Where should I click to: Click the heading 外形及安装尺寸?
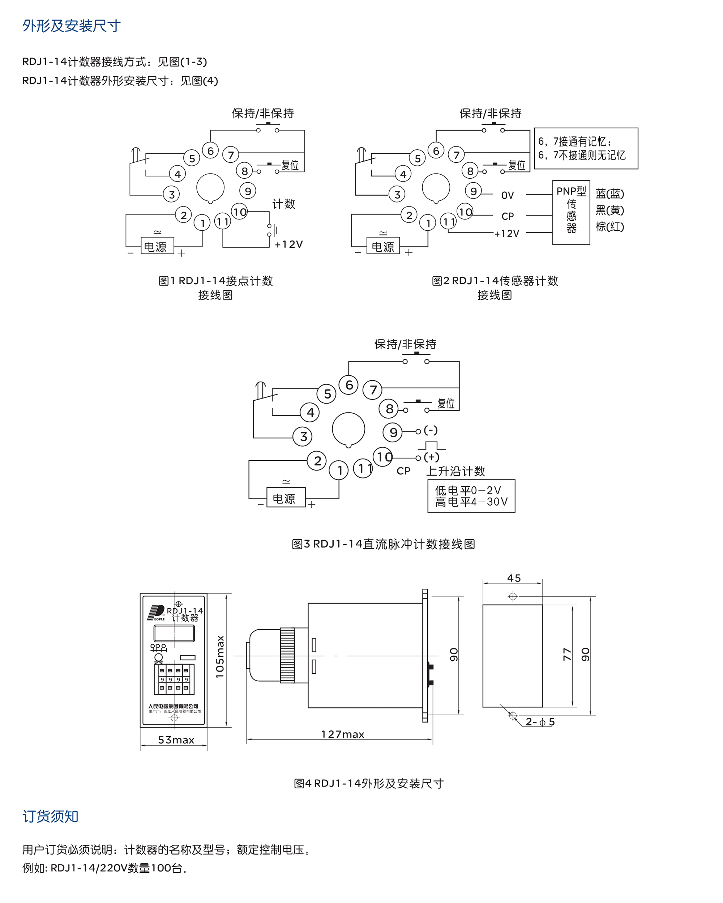[x=71, y=26]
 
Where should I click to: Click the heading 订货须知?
[x=50, y=816]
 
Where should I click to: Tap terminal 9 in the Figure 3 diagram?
[x=393, y=432]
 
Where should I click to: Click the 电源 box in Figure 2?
[x=382, y=246]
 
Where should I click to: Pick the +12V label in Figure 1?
[x=288, y=244]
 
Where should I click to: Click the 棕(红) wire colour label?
[x=609, y=227]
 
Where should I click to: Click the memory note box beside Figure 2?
[x=586, y=149]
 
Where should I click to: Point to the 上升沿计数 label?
[x=455, y=471]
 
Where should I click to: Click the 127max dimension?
[x=342, y=734]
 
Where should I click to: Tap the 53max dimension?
[x=176, y=740]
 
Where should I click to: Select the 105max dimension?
[x=220, y=657]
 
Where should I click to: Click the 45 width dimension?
[x=514, y=578]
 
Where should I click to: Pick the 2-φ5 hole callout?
[x=540, y=722]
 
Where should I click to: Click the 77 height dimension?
[x=567, y=654]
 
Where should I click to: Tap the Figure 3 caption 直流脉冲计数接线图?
[x=383, y=544]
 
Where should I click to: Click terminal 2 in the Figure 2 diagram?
[x=409, y=215]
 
